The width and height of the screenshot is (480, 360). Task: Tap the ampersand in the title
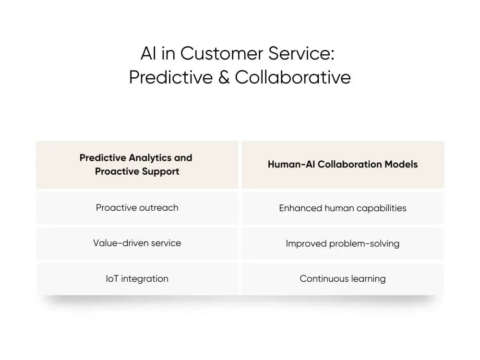click(224, 77)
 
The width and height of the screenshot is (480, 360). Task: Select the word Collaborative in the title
click(293, 77)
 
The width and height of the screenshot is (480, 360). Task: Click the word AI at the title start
click(149, 54)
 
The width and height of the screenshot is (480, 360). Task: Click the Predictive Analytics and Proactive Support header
click(137, 165)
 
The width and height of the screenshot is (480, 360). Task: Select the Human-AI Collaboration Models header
click(343, 165)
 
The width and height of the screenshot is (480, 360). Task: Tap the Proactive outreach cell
click(137, 208)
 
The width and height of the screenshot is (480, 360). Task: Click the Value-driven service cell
click(137, 243)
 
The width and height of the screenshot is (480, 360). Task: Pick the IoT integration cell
click(137, 278)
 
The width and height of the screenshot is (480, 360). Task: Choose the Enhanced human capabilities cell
click(343, 208)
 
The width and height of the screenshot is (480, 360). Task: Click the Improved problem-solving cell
click(343, 243)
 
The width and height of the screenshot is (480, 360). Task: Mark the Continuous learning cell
click(343, 278)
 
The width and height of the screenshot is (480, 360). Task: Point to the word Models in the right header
click(401, 165)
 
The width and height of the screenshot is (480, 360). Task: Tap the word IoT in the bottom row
click(112, 278)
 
